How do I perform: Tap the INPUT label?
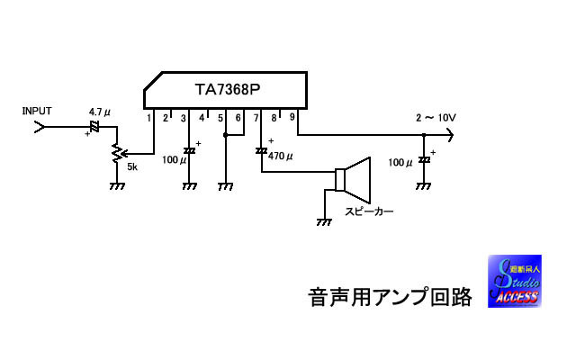coord(37,111)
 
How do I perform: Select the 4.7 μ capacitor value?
coord(99,112)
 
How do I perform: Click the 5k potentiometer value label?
coord(131,167)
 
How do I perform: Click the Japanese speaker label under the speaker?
coord(369,212)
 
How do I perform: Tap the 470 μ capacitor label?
coord(279,157)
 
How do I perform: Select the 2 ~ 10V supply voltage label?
coord(436,118)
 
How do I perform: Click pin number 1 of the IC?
coord(148,118)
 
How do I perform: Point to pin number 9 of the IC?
coord(292,117)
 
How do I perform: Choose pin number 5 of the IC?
coord(220,118)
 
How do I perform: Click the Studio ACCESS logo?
coord(515,282)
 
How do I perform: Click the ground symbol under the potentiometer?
coord(116,185)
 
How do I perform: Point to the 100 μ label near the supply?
coord(400,163)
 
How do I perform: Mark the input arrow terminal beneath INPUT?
coord(39,127)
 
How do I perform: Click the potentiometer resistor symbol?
coord(116,153)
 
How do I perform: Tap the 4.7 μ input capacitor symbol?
coord(94,126)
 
